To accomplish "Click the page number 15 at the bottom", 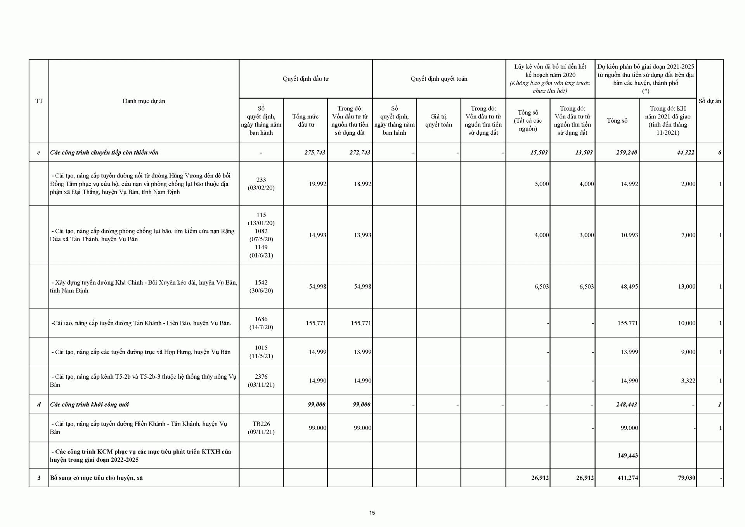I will click(372, 513).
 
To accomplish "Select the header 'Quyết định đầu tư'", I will click(305, 79).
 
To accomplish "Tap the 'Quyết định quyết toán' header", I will click(439, 79).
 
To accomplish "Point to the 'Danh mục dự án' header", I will click(144, 101).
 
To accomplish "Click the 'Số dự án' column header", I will click(710, 101).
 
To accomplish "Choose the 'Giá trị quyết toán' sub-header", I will click(438, 120).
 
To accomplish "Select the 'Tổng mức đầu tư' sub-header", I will click(305, 120).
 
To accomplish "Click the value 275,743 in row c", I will click(315, 153).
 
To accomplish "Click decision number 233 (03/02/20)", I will click(261, 184).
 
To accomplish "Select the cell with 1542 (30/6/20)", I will click(261, 286).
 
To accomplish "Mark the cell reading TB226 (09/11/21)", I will click(261, 428).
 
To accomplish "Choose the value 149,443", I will click(627, 456).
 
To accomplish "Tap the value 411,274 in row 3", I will click(627, 478).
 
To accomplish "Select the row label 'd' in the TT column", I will click(39, 404).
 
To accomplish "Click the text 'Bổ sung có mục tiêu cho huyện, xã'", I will click(96, 478).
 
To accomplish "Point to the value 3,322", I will click(688, 381).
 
